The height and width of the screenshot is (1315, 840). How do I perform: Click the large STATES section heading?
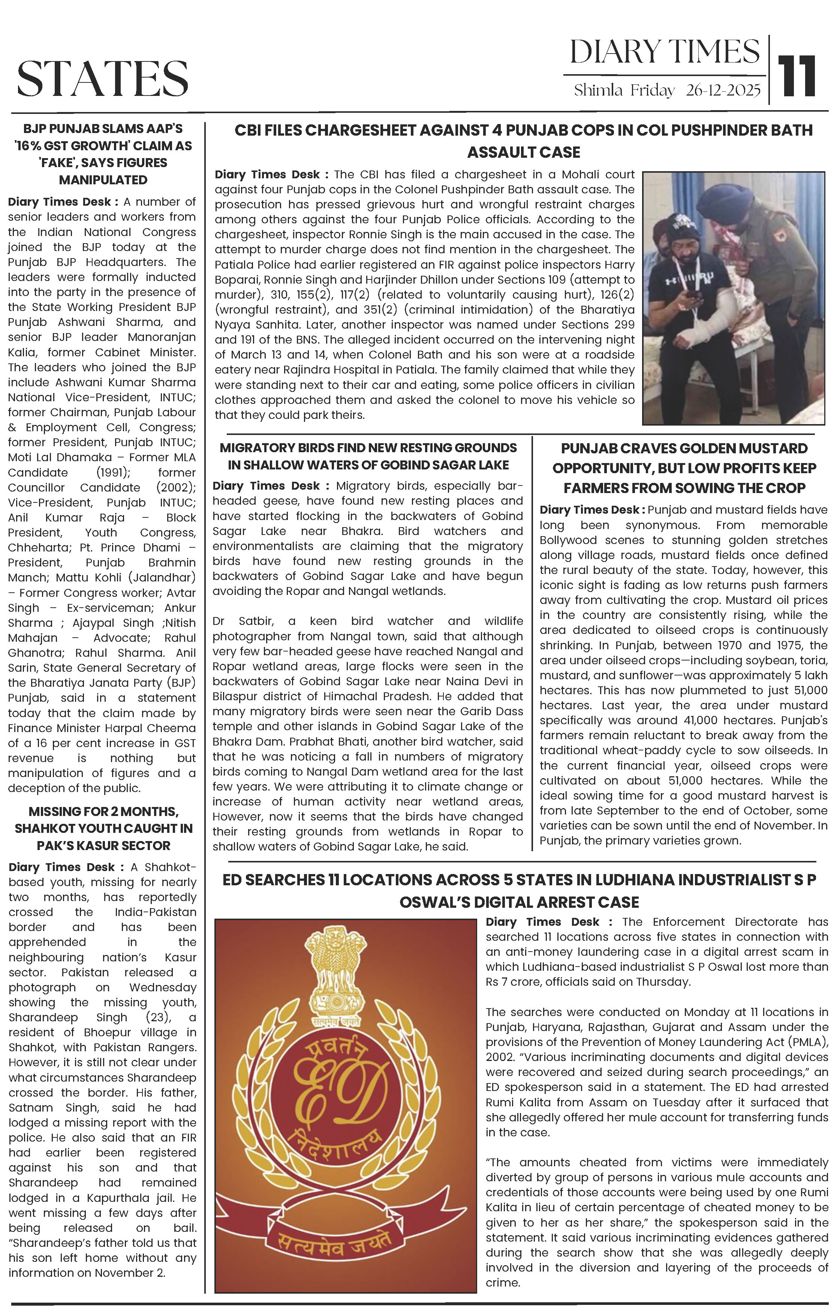103,78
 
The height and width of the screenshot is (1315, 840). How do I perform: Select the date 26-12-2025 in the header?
723,91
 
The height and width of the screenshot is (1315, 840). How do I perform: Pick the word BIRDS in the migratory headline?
328,448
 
